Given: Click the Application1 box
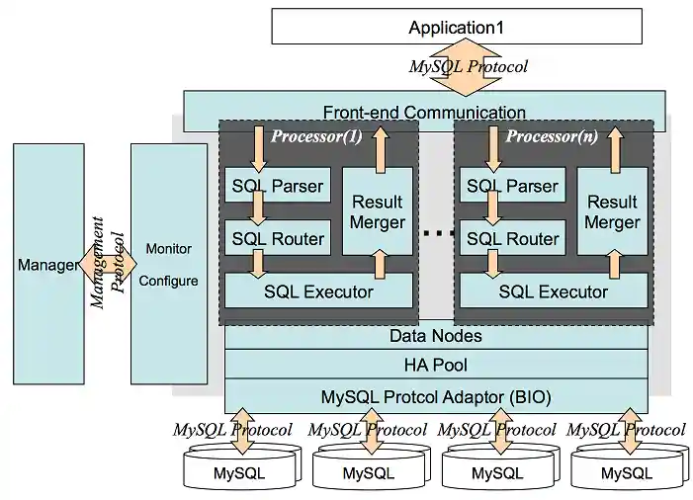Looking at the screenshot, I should coord(457,27).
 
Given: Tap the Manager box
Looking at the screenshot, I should coord(47,265).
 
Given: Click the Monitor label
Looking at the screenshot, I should coord(168,248).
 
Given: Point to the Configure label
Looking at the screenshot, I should coord(168,281).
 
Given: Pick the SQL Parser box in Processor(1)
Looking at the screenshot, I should coord(277,186).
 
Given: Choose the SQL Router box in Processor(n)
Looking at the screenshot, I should coord(512,238).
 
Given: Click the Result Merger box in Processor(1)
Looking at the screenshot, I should coord(378,211).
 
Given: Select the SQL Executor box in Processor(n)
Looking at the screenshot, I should coord(553,292).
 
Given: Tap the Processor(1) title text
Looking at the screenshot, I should coord(316,136).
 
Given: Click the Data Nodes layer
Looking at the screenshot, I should coord(436,336).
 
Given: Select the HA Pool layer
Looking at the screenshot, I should coord(436,367).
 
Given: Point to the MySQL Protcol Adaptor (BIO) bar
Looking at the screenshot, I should coord(436,397).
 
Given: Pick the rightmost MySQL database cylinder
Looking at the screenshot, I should coord(627,468).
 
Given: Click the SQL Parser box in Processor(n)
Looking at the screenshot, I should coord(512,186).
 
